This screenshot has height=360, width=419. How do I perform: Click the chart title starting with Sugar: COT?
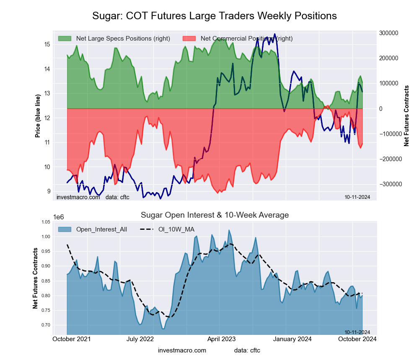coord(214,16)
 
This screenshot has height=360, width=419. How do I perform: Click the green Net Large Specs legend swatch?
coord(65,39)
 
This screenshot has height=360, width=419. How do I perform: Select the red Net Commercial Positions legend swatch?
coord(189,39)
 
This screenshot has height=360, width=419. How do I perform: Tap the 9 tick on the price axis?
coord(49,192)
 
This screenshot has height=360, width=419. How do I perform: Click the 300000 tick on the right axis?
coord(388,33)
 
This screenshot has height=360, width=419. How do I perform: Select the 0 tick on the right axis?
coord(380,109)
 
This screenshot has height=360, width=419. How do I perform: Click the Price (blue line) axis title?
coord(38,116)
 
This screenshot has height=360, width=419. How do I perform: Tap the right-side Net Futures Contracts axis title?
coord(406,116)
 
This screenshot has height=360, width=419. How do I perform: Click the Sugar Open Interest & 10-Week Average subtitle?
coord(215,215)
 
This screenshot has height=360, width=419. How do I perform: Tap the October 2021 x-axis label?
coord(72,339)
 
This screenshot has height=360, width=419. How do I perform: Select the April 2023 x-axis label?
coord(221,339)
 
